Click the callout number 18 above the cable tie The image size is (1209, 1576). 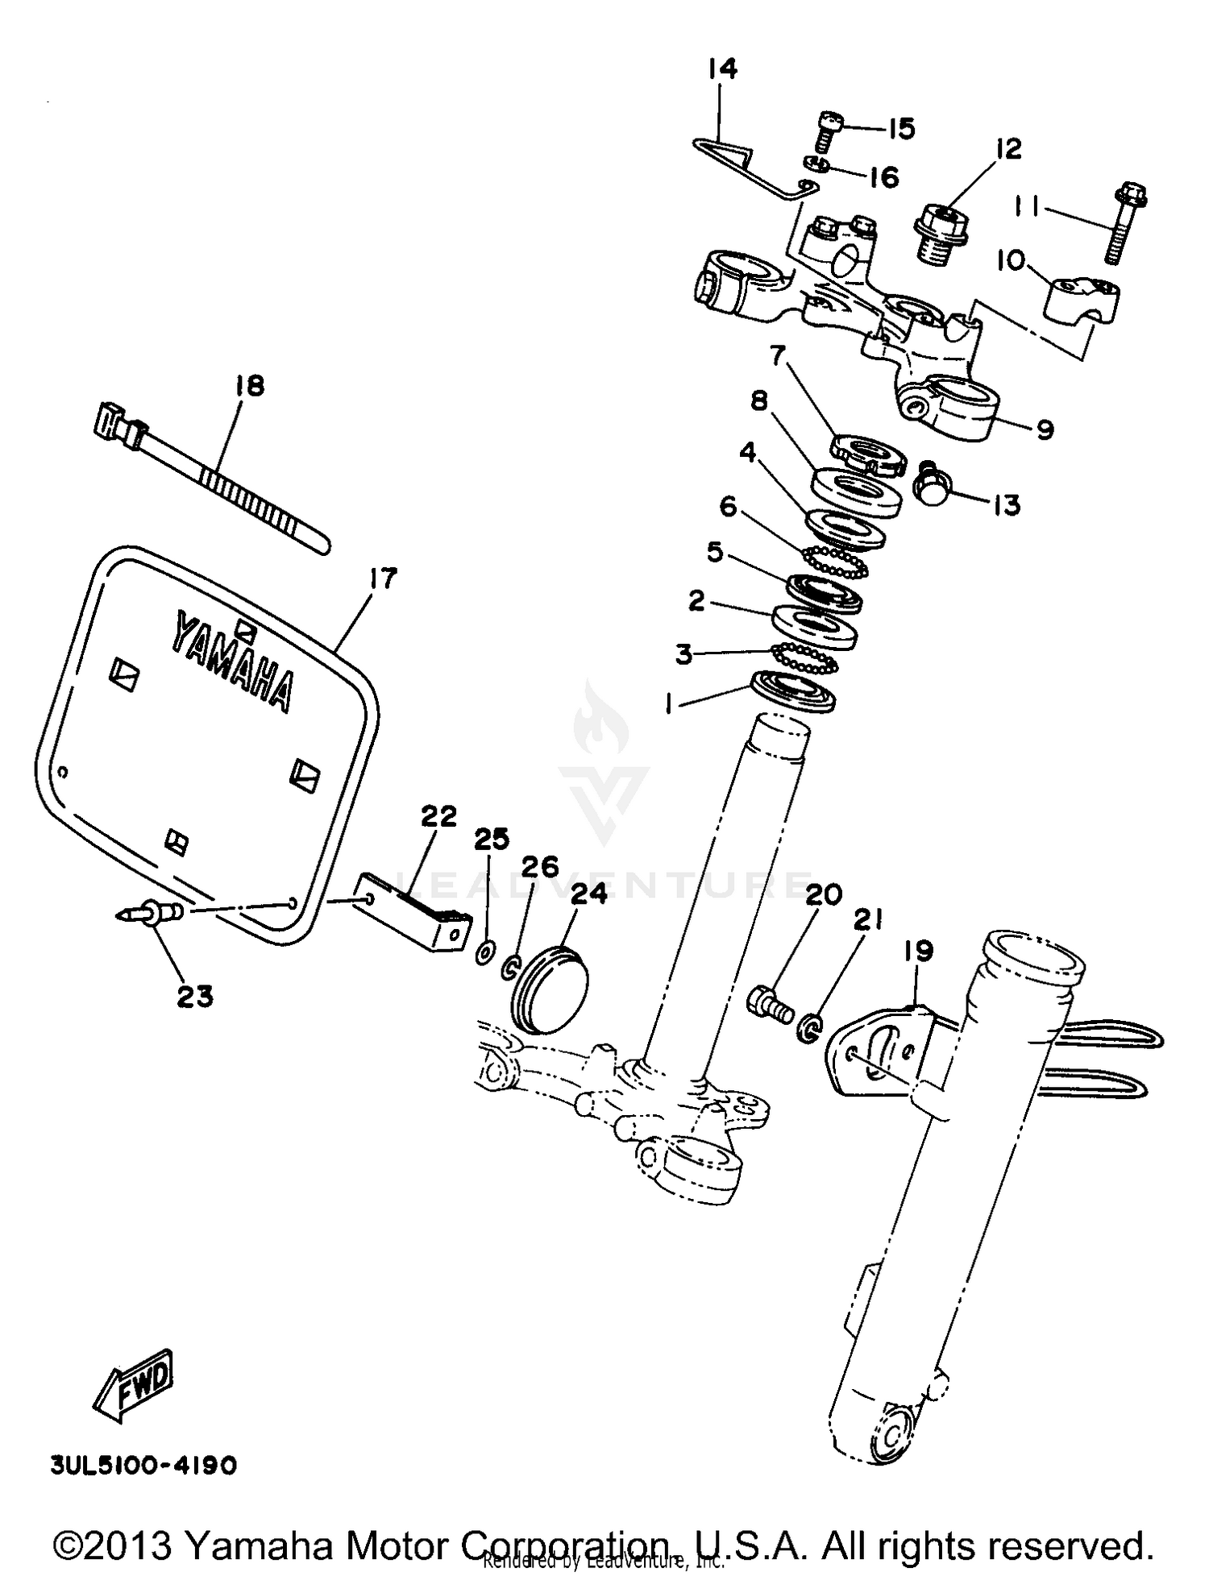[249, 386]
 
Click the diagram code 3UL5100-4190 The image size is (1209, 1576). [143, 1465]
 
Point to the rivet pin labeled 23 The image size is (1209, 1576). [151, 913]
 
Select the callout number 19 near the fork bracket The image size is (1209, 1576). [918, 951]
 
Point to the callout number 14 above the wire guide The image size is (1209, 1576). [722, 69]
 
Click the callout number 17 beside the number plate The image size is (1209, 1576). [383, 579]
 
